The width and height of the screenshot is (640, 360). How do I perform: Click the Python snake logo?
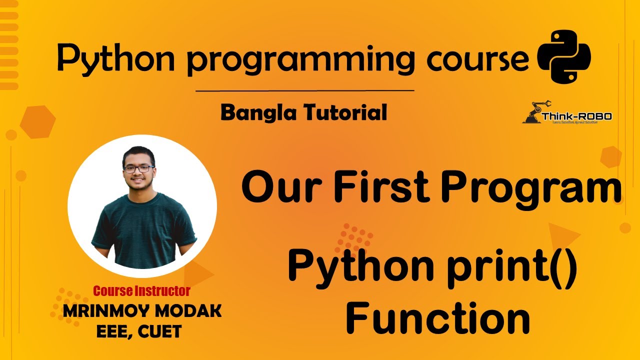pos(563,56)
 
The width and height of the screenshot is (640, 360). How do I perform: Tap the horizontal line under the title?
pos(304,91)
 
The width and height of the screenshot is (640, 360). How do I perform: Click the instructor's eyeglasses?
pos(138,169)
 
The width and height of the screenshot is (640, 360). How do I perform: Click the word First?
pos(382,188)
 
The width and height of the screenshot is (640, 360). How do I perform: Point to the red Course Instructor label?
pos(141,290)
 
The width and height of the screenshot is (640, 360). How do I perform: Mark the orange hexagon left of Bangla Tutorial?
pos(37,122)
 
